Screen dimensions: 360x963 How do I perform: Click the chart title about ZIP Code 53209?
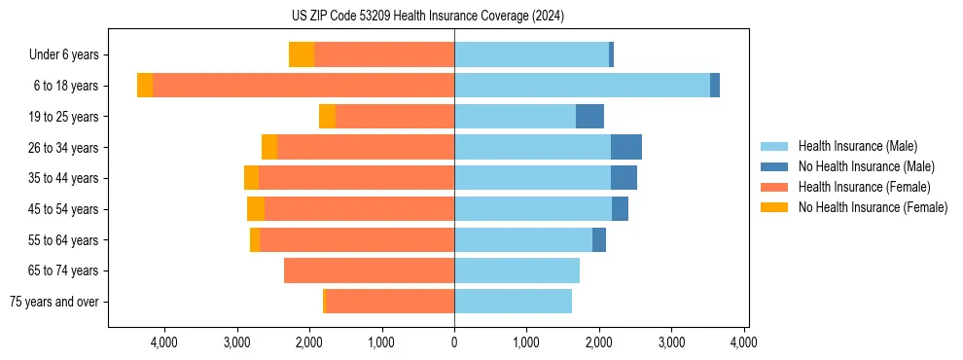[427, 16]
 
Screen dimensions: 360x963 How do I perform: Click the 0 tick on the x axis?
[454, 342]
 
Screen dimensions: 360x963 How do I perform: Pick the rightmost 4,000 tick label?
[744, 342]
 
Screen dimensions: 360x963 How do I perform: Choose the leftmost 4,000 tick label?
[163, 342]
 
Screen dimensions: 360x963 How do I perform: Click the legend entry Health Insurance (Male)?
[857, 146]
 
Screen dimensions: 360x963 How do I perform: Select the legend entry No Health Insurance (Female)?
[873, 207]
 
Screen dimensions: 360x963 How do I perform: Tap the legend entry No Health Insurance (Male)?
[866, 166]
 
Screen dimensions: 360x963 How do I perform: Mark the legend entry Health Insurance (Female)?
[864, 187]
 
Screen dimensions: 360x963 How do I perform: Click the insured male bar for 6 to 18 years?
[582, 86]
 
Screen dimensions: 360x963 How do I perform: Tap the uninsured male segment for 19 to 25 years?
[589, 117]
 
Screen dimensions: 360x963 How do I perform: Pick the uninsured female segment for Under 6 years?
[302, 55]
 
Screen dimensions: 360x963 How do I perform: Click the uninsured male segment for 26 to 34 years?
[626, 147]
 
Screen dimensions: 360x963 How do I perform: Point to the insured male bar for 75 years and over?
[513, 302]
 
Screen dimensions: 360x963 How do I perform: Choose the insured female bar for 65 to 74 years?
[369, 270]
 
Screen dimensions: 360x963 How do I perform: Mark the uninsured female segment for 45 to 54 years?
[256, 209]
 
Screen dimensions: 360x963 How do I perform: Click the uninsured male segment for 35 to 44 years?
[624, 178]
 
